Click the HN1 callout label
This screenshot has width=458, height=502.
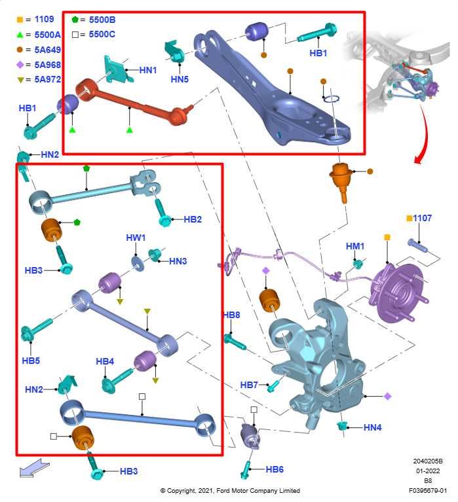148,69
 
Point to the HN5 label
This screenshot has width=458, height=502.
180,79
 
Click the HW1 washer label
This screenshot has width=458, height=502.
136,238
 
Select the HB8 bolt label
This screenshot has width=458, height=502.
231,315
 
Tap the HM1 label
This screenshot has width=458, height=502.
355,246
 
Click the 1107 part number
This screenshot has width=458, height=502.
423,218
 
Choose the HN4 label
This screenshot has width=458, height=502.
372,427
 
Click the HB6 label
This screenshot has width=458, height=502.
275,469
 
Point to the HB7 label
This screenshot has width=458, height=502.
249,384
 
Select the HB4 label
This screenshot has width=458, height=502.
105,361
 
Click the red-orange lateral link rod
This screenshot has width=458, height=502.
131,103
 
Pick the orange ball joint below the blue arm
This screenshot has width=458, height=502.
341,175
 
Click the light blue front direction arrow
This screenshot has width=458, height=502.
33,467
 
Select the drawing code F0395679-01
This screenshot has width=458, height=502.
429,490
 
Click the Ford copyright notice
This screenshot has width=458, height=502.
230,490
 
